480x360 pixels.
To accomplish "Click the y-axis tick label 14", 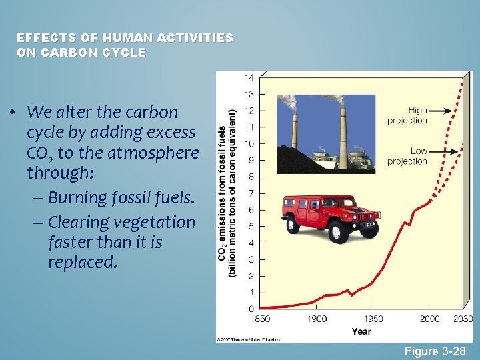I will (250, 77).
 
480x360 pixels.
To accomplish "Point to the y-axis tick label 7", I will (251, 193).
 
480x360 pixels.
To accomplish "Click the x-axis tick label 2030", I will (463, 319).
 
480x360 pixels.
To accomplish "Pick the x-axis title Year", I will (361, 331).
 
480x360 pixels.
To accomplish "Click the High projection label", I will (407, 115).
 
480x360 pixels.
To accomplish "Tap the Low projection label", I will (408, 156).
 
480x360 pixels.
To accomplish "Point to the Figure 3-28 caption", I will (435, 351).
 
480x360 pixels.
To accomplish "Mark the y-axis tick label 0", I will (251, 309).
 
